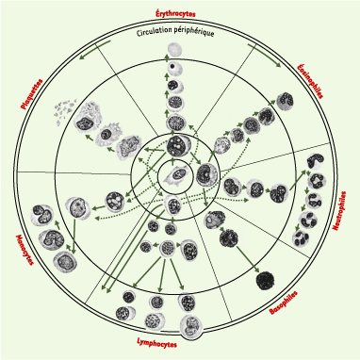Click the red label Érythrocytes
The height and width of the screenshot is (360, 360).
tap(175, 13)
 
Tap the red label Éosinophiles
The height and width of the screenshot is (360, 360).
tap(310, 81)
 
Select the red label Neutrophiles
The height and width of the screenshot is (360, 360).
tap(339, 211)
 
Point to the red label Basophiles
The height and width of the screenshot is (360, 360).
tap(284, 303)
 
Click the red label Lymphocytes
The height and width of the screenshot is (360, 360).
tap(156, 343)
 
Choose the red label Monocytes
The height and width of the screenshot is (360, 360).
tap(25, 250)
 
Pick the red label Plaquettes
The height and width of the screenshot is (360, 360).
tap(31, 93)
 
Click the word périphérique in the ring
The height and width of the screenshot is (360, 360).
tap(194, 31)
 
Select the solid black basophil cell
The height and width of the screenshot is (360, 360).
tap(266, 280)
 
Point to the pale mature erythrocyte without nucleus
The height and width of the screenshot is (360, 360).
tap(174, 49)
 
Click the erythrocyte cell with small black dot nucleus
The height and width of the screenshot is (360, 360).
tap(174, 69)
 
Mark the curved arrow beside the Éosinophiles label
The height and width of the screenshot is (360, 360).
tap(265, 55)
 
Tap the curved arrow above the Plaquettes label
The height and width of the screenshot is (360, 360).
tap(95, 49)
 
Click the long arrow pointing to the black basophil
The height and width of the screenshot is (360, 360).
tap(248, 259)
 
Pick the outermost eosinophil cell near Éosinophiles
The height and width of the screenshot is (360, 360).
tap(285, 100)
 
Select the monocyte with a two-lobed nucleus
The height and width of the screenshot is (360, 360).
tap(42, 215)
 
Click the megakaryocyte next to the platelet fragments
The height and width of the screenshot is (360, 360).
tap(88, 118)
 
